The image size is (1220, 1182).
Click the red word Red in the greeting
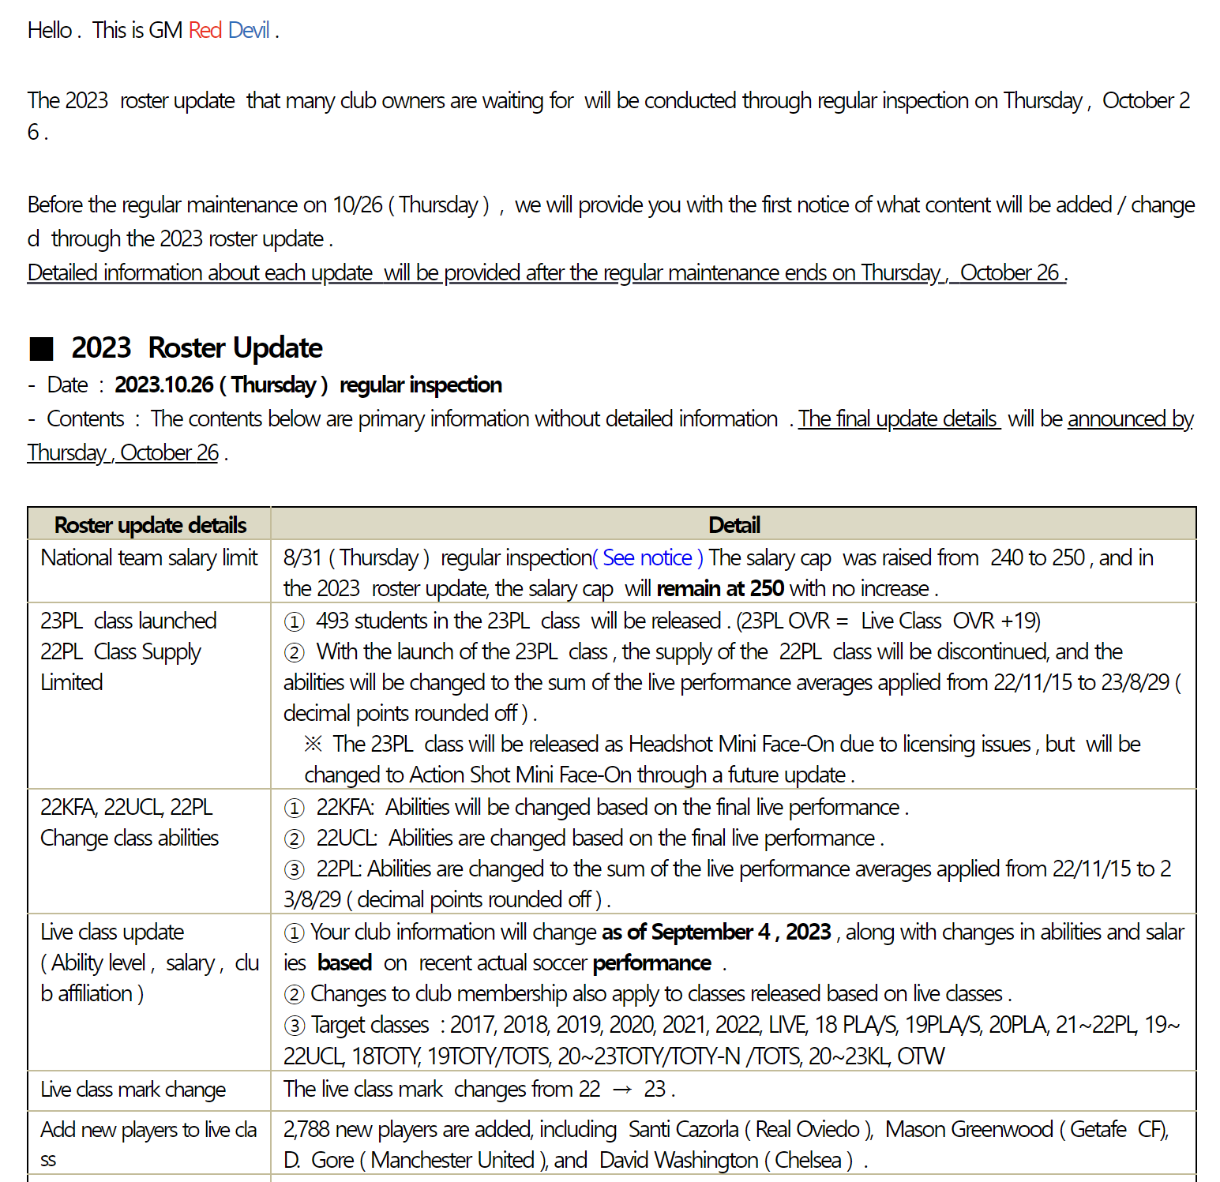(x=205, y=30)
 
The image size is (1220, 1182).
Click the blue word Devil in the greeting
(x=249, y=30)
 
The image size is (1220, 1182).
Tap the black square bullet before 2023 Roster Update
(x=41, y=348)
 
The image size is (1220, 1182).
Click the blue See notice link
(x=648, y=557)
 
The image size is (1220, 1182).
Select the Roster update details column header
(x=150, y=525)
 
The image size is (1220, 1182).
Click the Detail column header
(x=734, y=525)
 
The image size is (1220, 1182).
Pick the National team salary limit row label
(x=149, y=557)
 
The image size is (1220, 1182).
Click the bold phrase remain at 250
(x=720, y=588)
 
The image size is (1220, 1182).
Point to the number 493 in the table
(x=332, y=621)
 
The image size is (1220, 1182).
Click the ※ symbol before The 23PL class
(x=313, y=744)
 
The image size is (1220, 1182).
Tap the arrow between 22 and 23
(x=622, y=1090)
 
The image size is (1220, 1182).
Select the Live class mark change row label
(x=133, y=1090)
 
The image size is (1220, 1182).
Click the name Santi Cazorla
(x=684, y=1129)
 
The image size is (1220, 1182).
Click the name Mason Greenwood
(x=969, y=1129)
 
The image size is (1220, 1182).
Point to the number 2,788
(x=306, y=1129)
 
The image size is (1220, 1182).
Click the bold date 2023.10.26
(x=164, y=385)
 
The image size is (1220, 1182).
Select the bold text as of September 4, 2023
(x=716, y=932)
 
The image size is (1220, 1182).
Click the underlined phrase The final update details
(x=898, y=418)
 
